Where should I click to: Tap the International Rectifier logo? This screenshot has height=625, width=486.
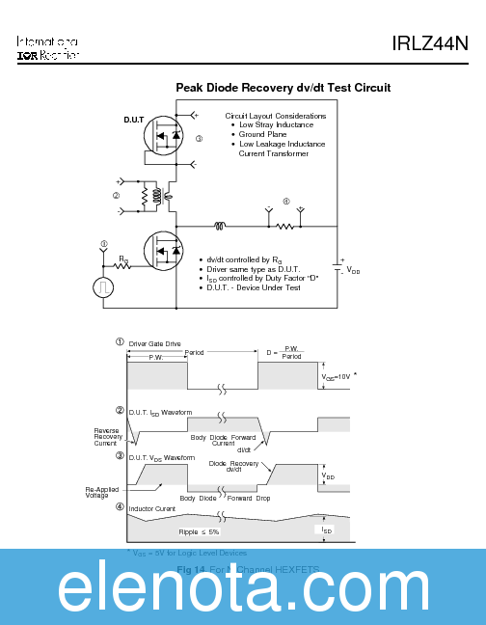tap(47, 49)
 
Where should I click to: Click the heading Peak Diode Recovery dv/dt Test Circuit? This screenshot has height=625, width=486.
tap(283, 88)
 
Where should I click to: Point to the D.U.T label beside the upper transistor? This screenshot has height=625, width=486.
tap(133, 121)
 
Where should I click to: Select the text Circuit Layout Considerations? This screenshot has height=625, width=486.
tap(275, 116)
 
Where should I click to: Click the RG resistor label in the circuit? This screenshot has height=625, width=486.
tap(123, 258)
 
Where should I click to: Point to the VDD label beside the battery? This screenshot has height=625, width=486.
tap(353, 271)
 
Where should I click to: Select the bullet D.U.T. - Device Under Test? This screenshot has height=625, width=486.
tap(254, 287)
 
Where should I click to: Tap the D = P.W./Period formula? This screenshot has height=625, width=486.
tap(286, 353)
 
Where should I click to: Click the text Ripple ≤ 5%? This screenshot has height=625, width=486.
tap(200, 530)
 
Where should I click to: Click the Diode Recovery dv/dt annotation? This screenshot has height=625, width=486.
tap(233, 466)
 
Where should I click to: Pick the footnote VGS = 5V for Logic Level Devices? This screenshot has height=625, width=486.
tap(189, 553)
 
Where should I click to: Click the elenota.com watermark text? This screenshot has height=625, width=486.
tap(243, 590)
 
